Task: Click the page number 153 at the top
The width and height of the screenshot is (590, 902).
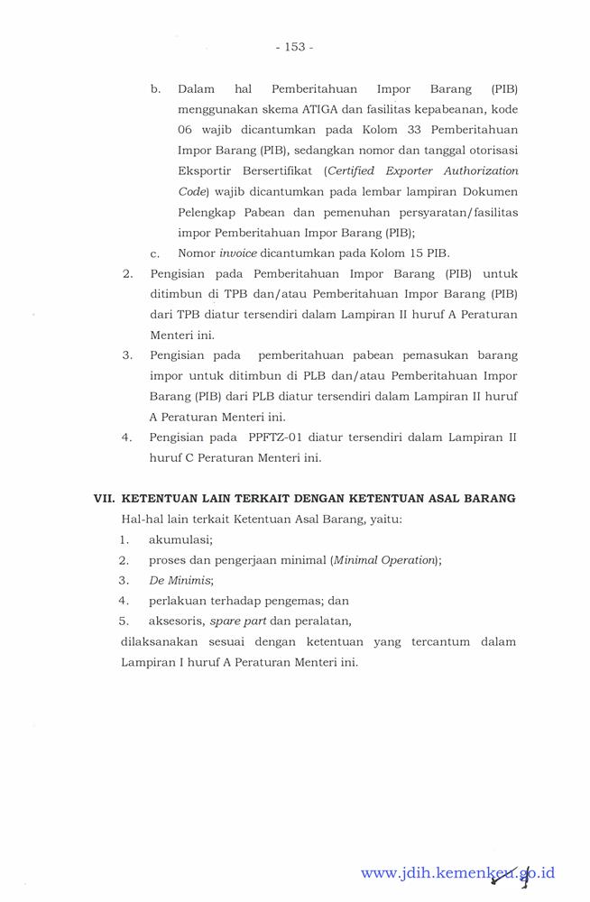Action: (295, 47)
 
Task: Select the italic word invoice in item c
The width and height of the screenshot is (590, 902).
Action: (238, 253)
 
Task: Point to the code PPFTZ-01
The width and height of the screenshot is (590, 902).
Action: (274, 437)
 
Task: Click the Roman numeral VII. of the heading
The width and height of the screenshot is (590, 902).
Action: (105, 498)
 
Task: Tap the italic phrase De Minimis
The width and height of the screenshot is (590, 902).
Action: (180, 580)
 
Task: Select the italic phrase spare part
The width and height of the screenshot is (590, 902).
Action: (238, 621)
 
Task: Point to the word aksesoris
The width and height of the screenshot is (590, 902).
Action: (176, 621)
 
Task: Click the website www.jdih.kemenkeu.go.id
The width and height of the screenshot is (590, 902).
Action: (457, 872)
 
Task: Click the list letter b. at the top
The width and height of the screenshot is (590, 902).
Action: (155, 88)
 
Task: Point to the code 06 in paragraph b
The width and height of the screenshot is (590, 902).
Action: (185, 129)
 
